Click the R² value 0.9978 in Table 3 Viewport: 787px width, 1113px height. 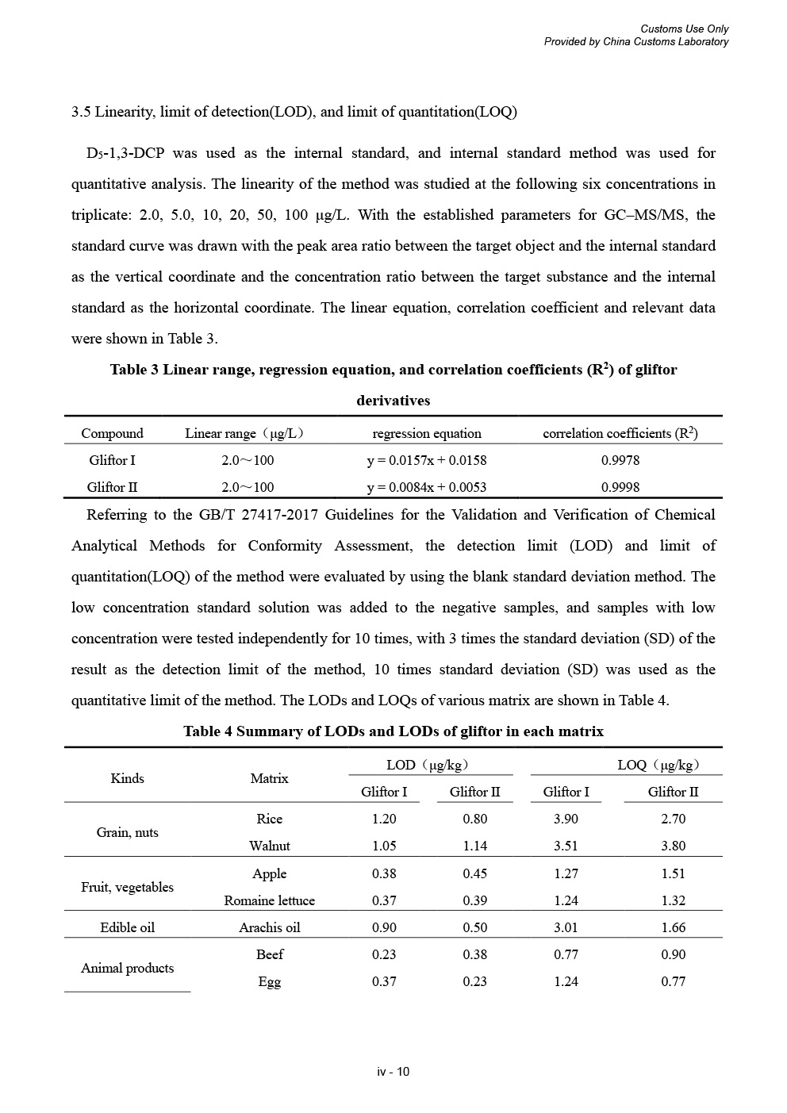[x=620, y=460]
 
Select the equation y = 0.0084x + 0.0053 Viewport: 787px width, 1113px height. [x=426, y=487]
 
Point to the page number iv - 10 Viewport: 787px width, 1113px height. [x=393, y=1072]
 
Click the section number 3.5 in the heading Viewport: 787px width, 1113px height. [x=81, y=112]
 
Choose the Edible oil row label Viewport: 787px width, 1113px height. [x=127, y=927]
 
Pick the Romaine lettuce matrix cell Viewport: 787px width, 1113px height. [x=269, y=900]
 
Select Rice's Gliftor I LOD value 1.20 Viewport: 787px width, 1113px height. [x=384, y=819]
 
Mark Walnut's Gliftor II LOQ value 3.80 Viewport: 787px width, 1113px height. [x=673, y=846]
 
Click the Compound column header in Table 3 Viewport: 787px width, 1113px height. [x=112, y=433]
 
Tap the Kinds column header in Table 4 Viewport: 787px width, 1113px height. [x=127, y=778]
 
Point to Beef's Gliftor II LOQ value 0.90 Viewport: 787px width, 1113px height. [x=673, y=954]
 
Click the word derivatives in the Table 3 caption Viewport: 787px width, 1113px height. [x=393, y=401]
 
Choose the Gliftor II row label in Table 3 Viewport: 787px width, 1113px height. [x=112, y=487]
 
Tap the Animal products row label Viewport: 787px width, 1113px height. [x=127, y=968]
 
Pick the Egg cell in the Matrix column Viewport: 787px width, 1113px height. [x=269, y=981]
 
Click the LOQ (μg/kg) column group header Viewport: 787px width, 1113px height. [x=658, y=765]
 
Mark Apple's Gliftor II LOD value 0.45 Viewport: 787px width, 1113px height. [x=474, y=873]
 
